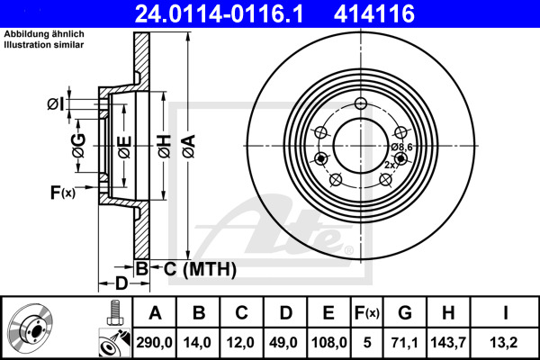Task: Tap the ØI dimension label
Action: tap(56, 104)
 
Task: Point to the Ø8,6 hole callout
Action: tap(401, 146)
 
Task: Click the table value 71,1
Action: tap(404, 341)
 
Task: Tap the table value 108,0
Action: tap(329, 341)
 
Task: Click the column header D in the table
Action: tap(285, 313)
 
